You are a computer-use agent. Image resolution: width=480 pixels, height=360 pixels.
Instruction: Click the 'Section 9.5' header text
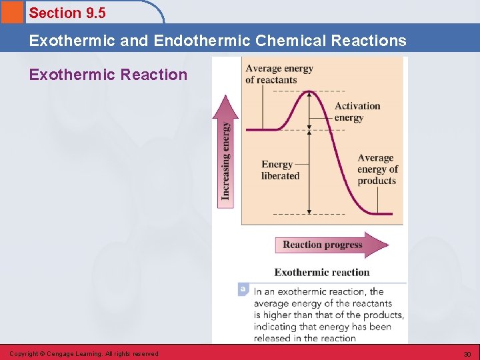[x=67, y=13]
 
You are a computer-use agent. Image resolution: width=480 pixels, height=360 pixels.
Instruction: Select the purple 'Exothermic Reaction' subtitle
[x=108, y=75]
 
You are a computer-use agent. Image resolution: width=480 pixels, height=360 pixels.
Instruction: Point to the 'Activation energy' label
[x=357, y=112]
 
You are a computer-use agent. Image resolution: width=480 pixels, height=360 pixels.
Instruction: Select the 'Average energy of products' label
[x=377, y=169]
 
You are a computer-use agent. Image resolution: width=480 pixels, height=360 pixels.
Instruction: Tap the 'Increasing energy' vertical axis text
[x=226, y=160]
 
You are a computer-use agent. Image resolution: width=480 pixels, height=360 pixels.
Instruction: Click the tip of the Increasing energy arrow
[x=225, y=98]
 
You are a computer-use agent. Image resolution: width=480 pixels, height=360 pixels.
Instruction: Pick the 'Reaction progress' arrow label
[x=322, y=245]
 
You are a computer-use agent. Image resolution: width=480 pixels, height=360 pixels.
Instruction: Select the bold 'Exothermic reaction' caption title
[x=321, y=272]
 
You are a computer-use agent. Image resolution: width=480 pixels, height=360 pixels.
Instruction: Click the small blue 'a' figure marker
[x=243, y=289]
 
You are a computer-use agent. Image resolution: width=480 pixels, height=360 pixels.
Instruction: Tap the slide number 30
[x=467, y=354]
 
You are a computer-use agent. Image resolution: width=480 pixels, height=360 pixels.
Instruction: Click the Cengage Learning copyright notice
[x=84, y=354]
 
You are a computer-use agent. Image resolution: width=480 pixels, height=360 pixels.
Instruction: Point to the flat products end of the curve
[x=383, y=213]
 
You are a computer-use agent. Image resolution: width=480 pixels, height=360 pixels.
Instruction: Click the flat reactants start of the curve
[x=260, y=129]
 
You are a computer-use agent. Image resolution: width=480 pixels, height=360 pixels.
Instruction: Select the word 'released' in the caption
[x=273, y=338]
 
